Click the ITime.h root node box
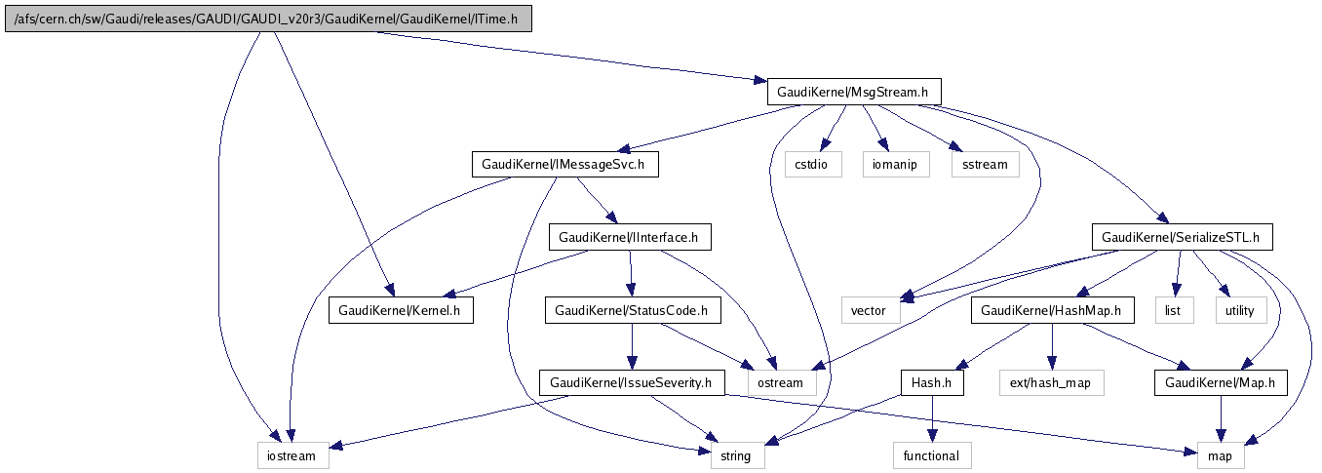point(268,19)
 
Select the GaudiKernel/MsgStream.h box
point(855,92)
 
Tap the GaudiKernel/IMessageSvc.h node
point(564,164)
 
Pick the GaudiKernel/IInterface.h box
point(629,237)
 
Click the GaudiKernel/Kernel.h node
point(401,310)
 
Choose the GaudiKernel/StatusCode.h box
point(632,310)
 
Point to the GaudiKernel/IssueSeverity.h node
point(632,383)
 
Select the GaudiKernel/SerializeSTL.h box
point(1181,237)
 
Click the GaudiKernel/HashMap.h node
point(1052,310)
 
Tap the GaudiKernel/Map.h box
point(1220,383)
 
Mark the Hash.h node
point(932,383)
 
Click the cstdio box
point(812,164)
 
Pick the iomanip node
point(891,164)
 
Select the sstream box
point(985,164)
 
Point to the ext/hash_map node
point(1051,383)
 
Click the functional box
point(932,455)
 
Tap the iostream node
point(292,455)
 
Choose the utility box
point(1240,310)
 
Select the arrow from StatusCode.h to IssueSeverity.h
point(632,346)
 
